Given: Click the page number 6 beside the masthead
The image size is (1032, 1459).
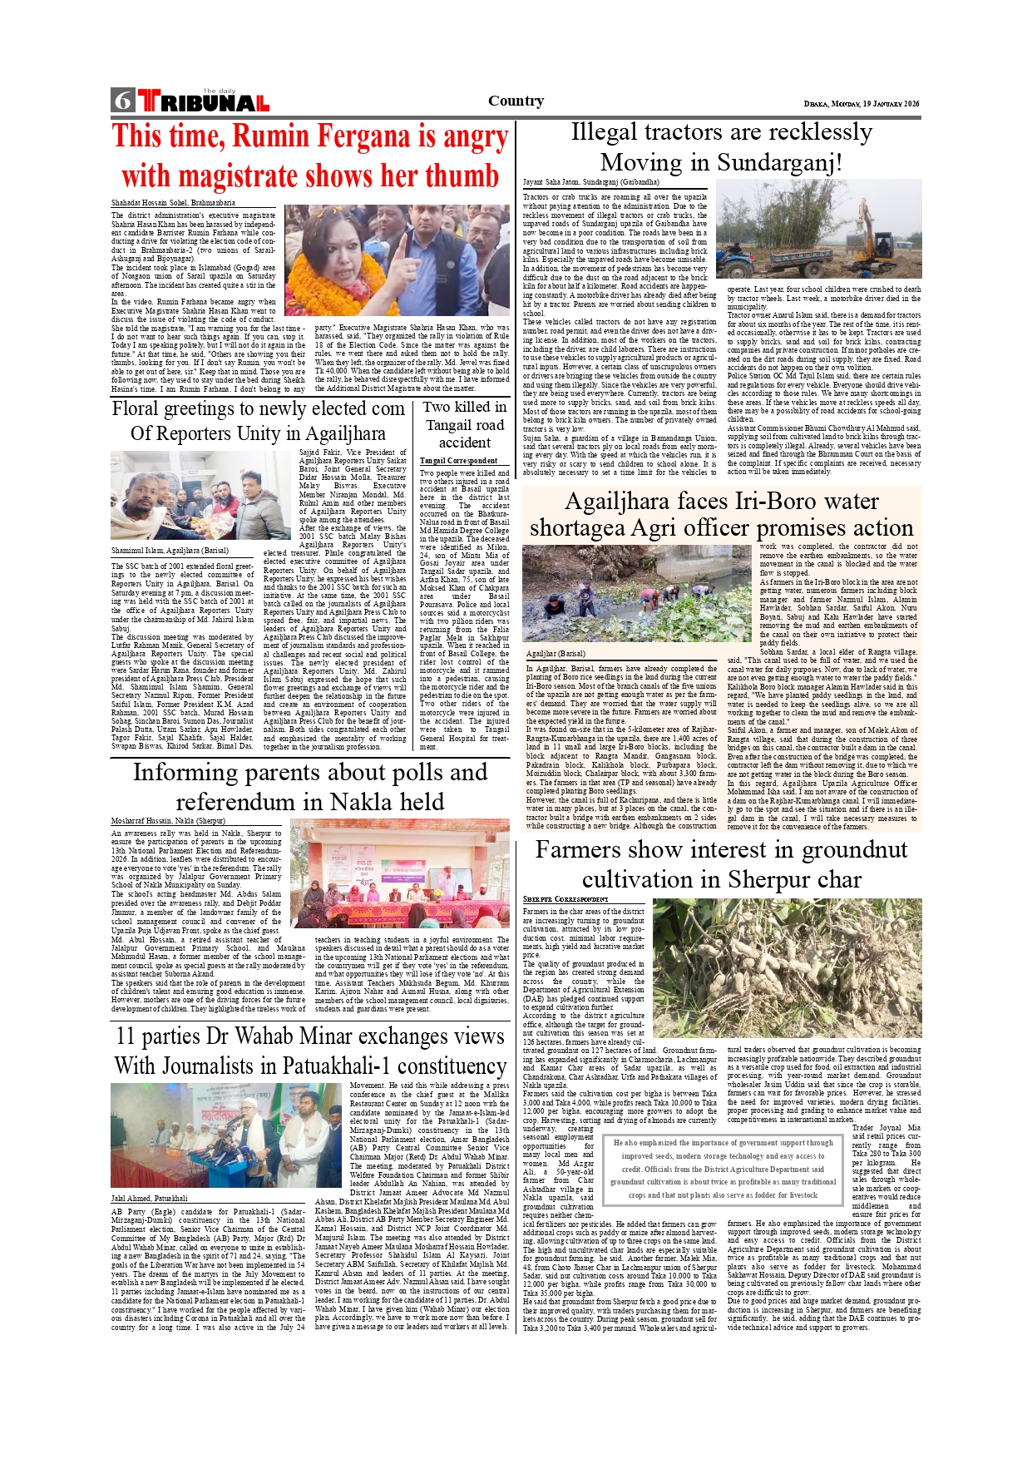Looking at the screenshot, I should [123, 101].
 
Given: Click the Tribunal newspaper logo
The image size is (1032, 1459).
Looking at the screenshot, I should [204, 101].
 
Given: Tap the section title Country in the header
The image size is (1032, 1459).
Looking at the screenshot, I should [516, 101].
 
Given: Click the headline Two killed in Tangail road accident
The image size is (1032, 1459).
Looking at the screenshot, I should [464, 424].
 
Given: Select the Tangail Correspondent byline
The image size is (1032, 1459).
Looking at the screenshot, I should [458, 460].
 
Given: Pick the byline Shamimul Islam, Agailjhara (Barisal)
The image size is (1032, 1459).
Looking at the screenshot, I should [170, 551].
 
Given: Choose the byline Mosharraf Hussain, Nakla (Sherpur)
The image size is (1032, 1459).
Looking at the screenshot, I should [167, 821].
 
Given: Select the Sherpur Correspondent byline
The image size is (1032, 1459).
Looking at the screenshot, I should [565, 899].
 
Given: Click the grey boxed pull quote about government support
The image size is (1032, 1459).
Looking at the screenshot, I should [723, 1169].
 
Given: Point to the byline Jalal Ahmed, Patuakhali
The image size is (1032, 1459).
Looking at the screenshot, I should [149, 1199].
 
